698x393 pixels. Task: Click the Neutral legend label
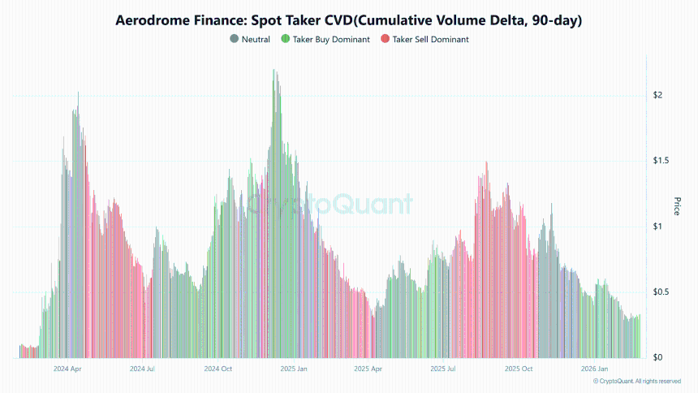(x=256, y=39)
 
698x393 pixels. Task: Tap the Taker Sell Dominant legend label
(x=430, y=39)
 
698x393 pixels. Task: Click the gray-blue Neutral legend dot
(x=235, y=39)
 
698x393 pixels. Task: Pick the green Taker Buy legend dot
(x=285, y=39)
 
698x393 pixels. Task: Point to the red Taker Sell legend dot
(x=384, y=39)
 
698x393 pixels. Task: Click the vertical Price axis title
(x=677, y=206)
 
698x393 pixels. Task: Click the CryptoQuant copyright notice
(x=636, y=381)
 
